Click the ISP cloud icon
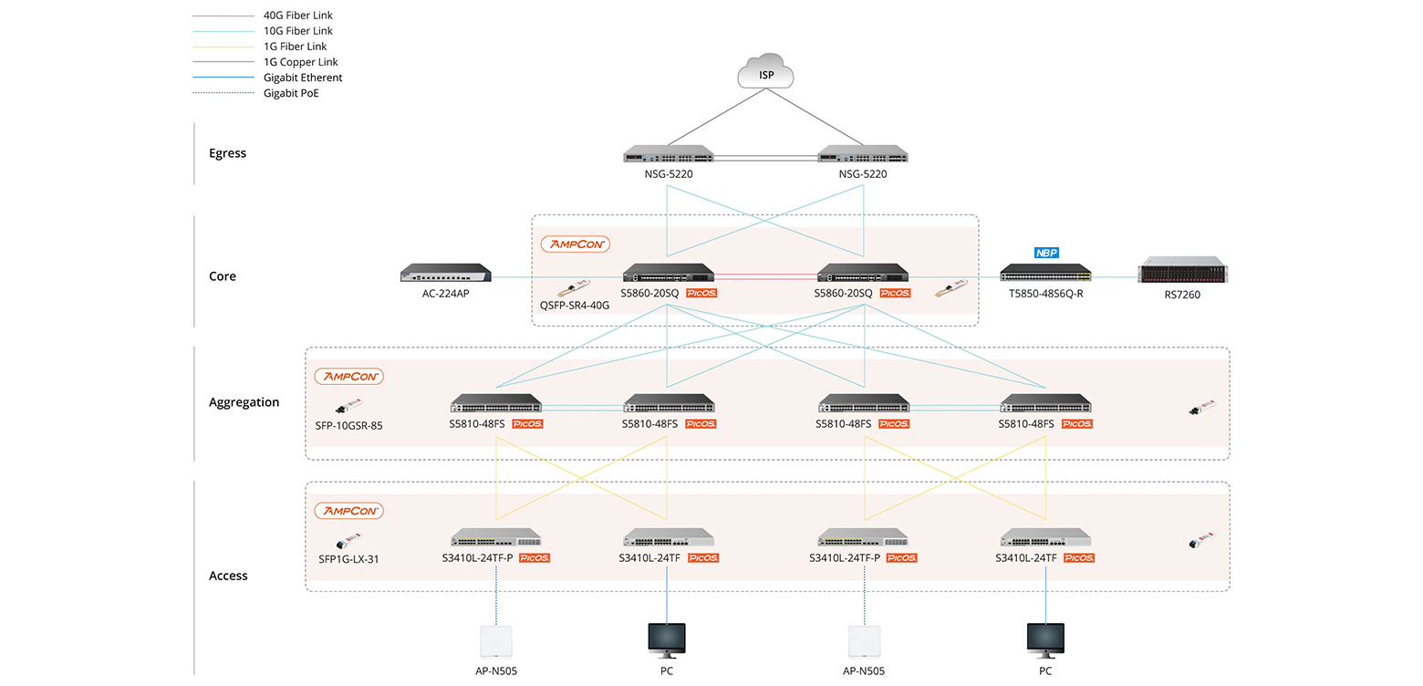[766, 72]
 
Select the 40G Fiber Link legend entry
[298, 16]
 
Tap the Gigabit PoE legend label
[291, 93]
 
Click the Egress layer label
[227, 153]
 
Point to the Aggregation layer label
[244, 402]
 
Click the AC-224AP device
[446, 274]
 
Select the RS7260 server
[1182, 274]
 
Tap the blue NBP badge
[1045, 252]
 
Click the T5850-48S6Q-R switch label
[1045, 295]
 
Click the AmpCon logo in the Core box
[575, 244]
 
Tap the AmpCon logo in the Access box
[348, 511]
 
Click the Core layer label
[222, 276]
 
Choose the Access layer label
[228, 576]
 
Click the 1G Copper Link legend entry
[301, 62]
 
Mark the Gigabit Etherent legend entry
[303, 78]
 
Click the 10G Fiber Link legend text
[298, 31]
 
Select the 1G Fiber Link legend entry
[295, 47]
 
